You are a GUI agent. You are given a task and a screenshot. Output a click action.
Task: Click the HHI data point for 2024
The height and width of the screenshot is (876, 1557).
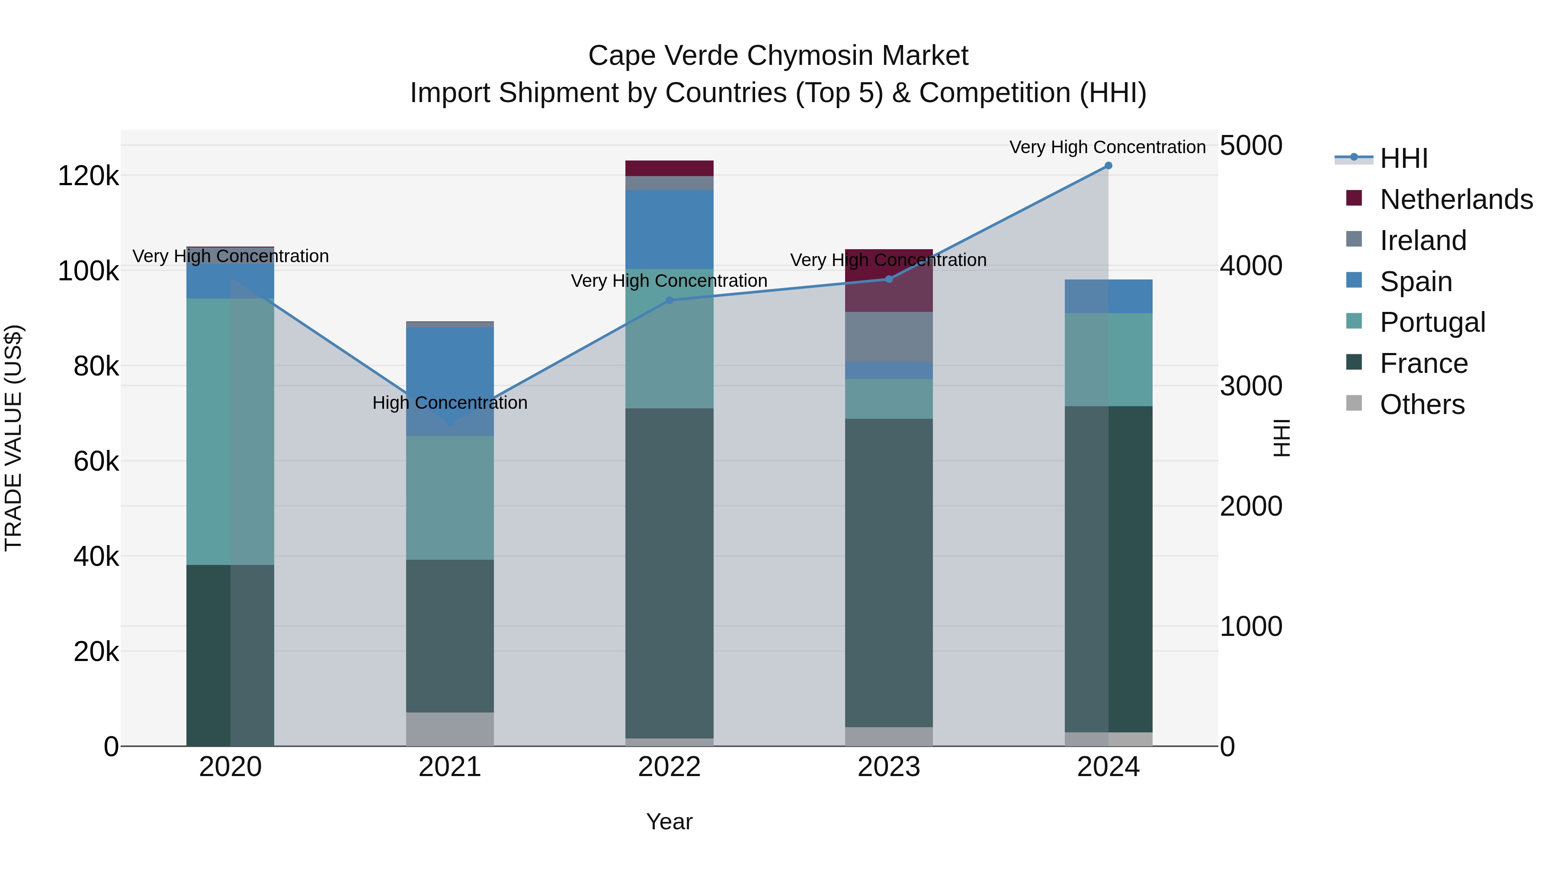tap(1108, 165)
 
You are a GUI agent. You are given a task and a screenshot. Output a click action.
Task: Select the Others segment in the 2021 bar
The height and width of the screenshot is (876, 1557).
tap(450, 728)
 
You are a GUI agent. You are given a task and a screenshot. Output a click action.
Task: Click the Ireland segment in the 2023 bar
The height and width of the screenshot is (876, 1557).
tap(888, 336)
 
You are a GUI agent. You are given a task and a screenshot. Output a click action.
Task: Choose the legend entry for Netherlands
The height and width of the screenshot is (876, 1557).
tap(1456, 199)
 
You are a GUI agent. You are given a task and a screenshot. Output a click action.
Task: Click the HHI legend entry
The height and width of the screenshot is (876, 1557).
tap(1403, 158)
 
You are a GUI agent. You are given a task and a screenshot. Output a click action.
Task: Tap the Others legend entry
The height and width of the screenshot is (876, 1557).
tap(1422, 404)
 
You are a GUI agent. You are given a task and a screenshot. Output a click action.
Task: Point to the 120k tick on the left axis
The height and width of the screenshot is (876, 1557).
tap(88, 176)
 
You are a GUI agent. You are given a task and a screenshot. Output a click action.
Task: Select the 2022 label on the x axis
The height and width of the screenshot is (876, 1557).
tap(669, 767)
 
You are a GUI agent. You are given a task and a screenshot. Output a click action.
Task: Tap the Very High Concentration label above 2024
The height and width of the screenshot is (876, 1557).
tap(1107, 147)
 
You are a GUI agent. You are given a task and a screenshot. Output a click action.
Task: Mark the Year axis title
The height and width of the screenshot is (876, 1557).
tap(669, 821)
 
